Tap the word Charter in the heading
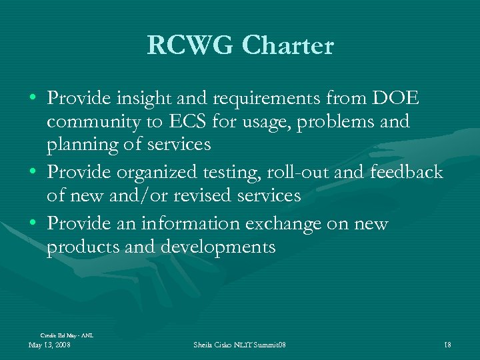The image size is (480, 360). coord(288,45)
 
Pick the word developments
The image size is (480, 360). coord(218,247)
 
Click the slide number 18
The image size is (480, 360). coord(447,345)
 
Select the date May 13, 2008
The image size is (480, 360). coord(50,345)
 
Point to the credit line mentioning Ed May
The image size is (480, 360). coord(67,335)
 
